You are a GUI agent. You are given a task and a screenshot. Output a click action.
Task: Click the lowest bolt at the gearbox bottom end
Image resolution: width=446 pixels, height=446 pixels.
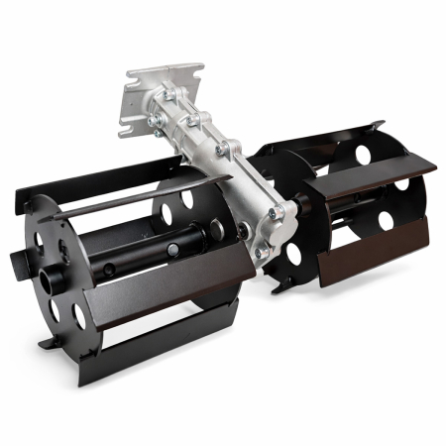tap(262, 254)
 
